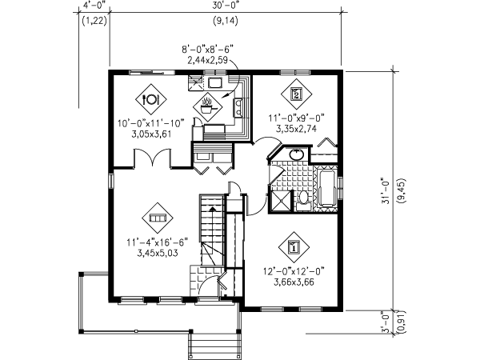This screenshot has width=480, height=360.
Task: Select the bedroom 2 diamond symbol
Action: (296, 94)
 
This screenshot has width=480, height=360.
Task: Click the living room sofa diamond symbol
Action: (155, 217)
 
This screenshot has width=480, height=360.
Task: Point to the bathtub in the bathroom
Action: (327, 187)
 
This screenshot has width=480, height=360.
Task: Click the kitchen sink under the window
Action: (215, 82)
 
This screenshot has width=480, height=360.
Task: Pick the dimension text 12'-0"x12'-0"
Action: (294, 270)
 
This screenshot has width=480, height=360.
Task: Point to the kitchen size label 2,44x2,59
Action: (206, 59)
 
